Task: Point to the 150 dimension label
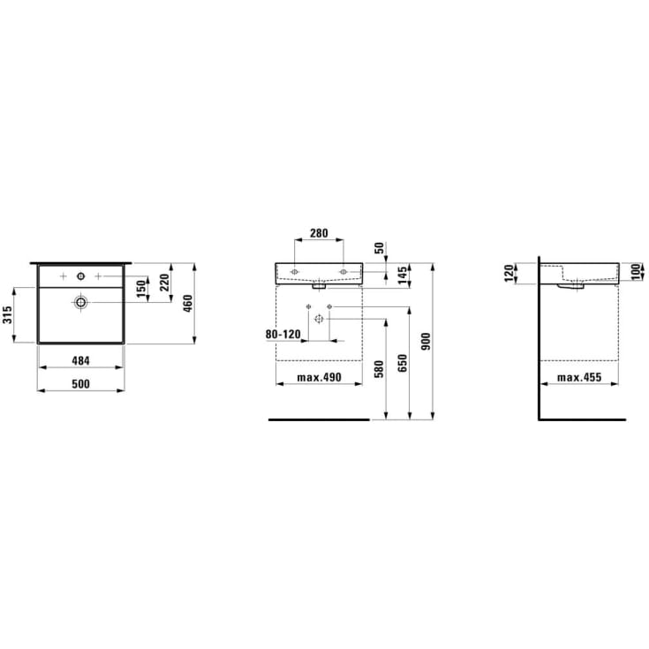[x=140, y=287]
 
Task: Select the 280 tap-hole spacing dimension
[x=319, y=234]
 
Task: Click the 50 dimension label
[x=381, y=248]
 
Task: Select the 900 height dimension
[x=427, y=341]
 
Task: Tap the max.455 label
[x=579, y=378]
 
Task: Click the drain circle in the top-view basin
[x=80, y=302]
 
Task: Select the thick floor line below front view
[x=318, y=420]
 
